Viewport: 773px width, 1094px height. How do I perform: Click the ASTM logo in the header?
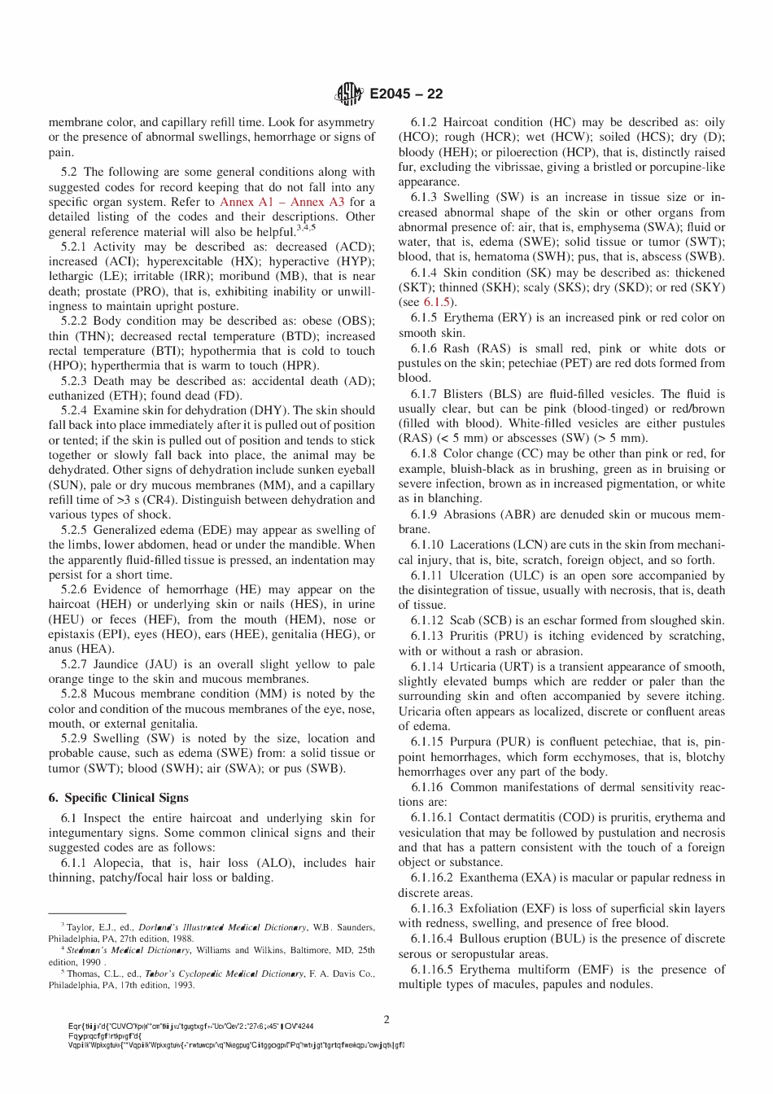[x=349, y=95]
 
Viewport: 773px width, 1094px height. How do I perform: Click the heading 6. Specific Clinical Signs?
[x=118, y=798]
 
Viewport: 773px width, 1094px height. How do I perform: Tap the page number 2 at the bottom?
[x=386, y=1019]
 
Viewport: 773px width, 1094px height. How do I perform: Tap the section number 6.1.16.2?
[x=432, y=878]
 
